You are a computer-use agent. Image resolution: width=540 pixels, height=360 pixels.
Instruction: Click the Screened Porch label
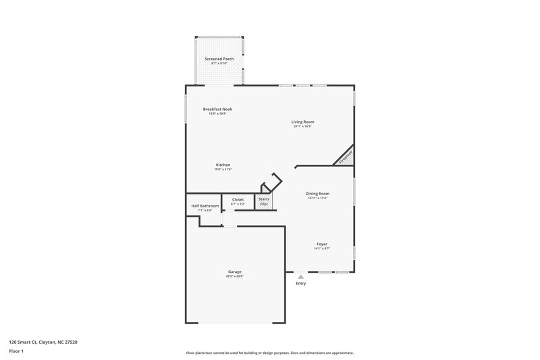click(x=219, y=59)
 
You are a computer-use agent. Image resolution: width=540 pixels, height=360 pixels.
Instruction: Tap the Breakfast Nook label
click(x=217, y=109)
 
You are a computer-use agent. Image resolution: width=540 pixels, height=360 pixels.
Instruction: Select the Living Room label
click(x=303, y=122)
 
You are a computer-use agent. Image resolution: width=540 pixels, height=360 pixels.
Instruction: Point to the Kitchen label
click(x=223, y=165)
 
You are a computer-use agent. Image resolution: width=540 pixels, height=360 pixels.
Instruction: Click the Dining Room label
click(x=317, y=194)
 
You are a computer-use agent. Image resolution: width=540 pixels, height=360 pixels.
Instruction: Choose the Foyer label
click(x=322, y=244)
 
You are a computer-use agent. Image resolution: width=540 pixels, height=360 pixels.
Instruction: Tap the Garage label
click(x=234, y=272)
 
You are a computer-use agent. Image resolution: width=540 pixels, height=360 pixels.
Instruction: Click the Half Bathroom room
click(x=205, y=207)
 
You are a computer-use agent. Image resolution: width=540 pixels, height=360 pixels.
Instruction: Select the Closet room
click(x=238, y=201)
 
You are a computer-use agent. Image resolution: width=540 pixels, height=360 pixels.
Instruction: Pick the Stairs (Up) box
click(x=264, y=201)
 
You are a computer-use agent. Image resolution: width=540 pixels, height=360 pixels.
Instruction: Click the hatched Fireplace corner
click(x=346, y=157)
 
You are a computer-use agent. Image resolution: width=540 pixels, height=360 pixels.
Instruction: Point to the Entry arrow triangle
click(x=301, y=276)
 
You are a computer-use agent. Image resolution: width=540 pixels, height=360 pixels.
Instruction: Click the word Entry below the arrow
click(x=301, y=283)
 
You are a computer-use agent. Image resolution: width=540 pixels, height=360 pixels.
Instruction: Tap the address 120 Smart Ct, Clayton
click(x=43, y=342)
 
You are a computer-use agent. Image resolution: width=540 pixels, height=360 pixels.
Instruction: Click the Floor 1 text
click(x=16, y=352)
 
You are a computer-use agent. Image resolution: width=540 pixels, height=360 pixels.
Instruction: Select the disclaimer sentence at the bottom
click(x=270, y=353)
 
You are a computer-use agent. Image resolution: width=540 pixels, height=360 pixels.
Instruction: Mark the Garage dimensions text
click(x=234, y=276)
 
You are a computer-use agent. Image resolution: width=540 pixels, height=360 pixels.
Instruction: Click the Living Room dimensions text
click(x=303, y=126)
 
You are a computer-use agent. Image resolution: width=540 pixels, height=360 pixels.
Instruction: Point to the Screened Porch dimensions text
click(x=219, y=63)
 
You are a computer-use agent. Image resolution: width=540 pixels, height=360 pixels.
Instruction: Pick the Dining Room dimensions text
click(x=317, y=199)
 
